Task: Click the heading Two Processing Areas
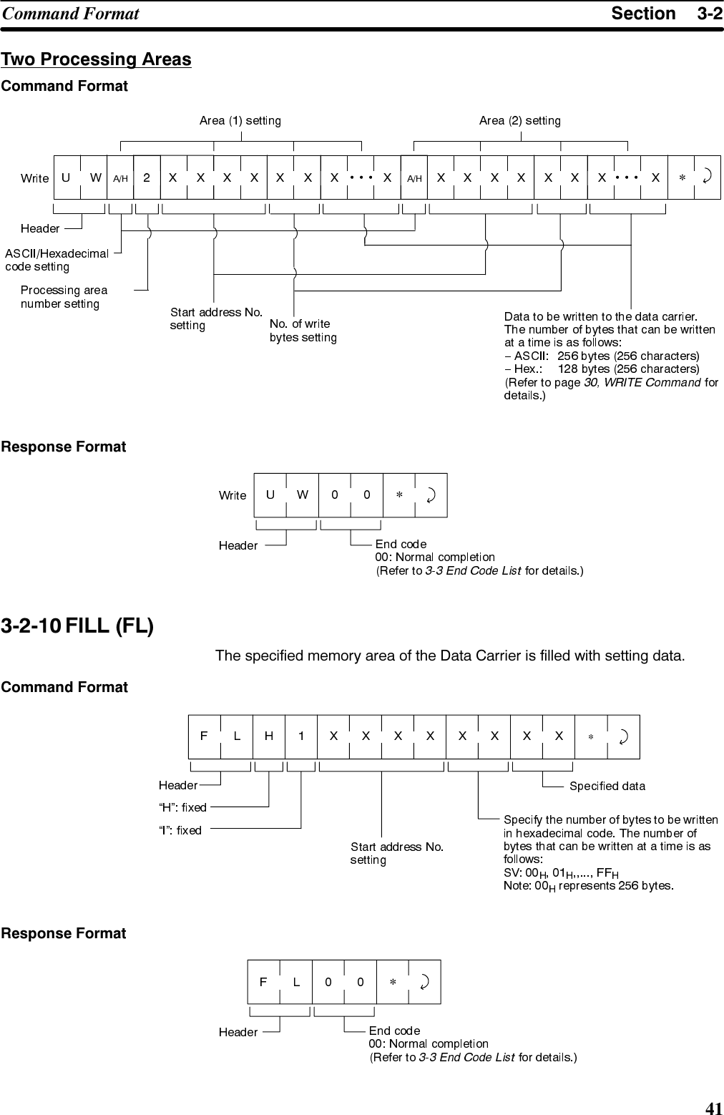pyautogui.click(x=97, y=59)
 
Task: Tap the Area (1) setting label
pyautogui.click(x=240, y=120)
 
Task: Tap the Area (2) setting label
pyautogui.click(x=519, y=120)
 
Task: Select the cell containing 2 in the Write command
pyautogui.click(x=147, y=177)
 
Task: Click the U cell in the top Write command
pyautogui.click(x=67, y=177)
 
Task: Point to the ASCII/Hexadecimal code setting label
pyautogui.click(x=57, y=260)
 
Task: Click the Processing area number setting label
pyautogui.click(x=63, y=297)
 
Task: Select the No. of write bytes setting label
pyautogui.click(x=303, y=331)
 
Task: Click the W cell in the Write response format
pyautogui.click(x=303, y=495)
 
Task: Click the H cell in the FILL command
pyautogui.click(x=269, y=736)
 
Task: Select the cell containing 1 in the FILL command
pyautogui.click(x=302, y=736)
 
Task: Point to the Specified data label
pyautogui.click(x=607, y=786)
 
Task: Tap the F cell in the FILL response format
pyautogui.click(x=263, y=982)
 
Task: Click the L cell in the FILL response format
pyautogui.click(x=296, y=982)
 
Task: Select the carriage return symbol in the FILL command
pyautogui.click(x=623, y=736)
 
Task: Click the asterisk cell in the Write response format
pyautogui.click(x=399, y=495)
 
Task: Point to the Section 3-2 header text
pyautogui.click(x=666, y=14)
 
